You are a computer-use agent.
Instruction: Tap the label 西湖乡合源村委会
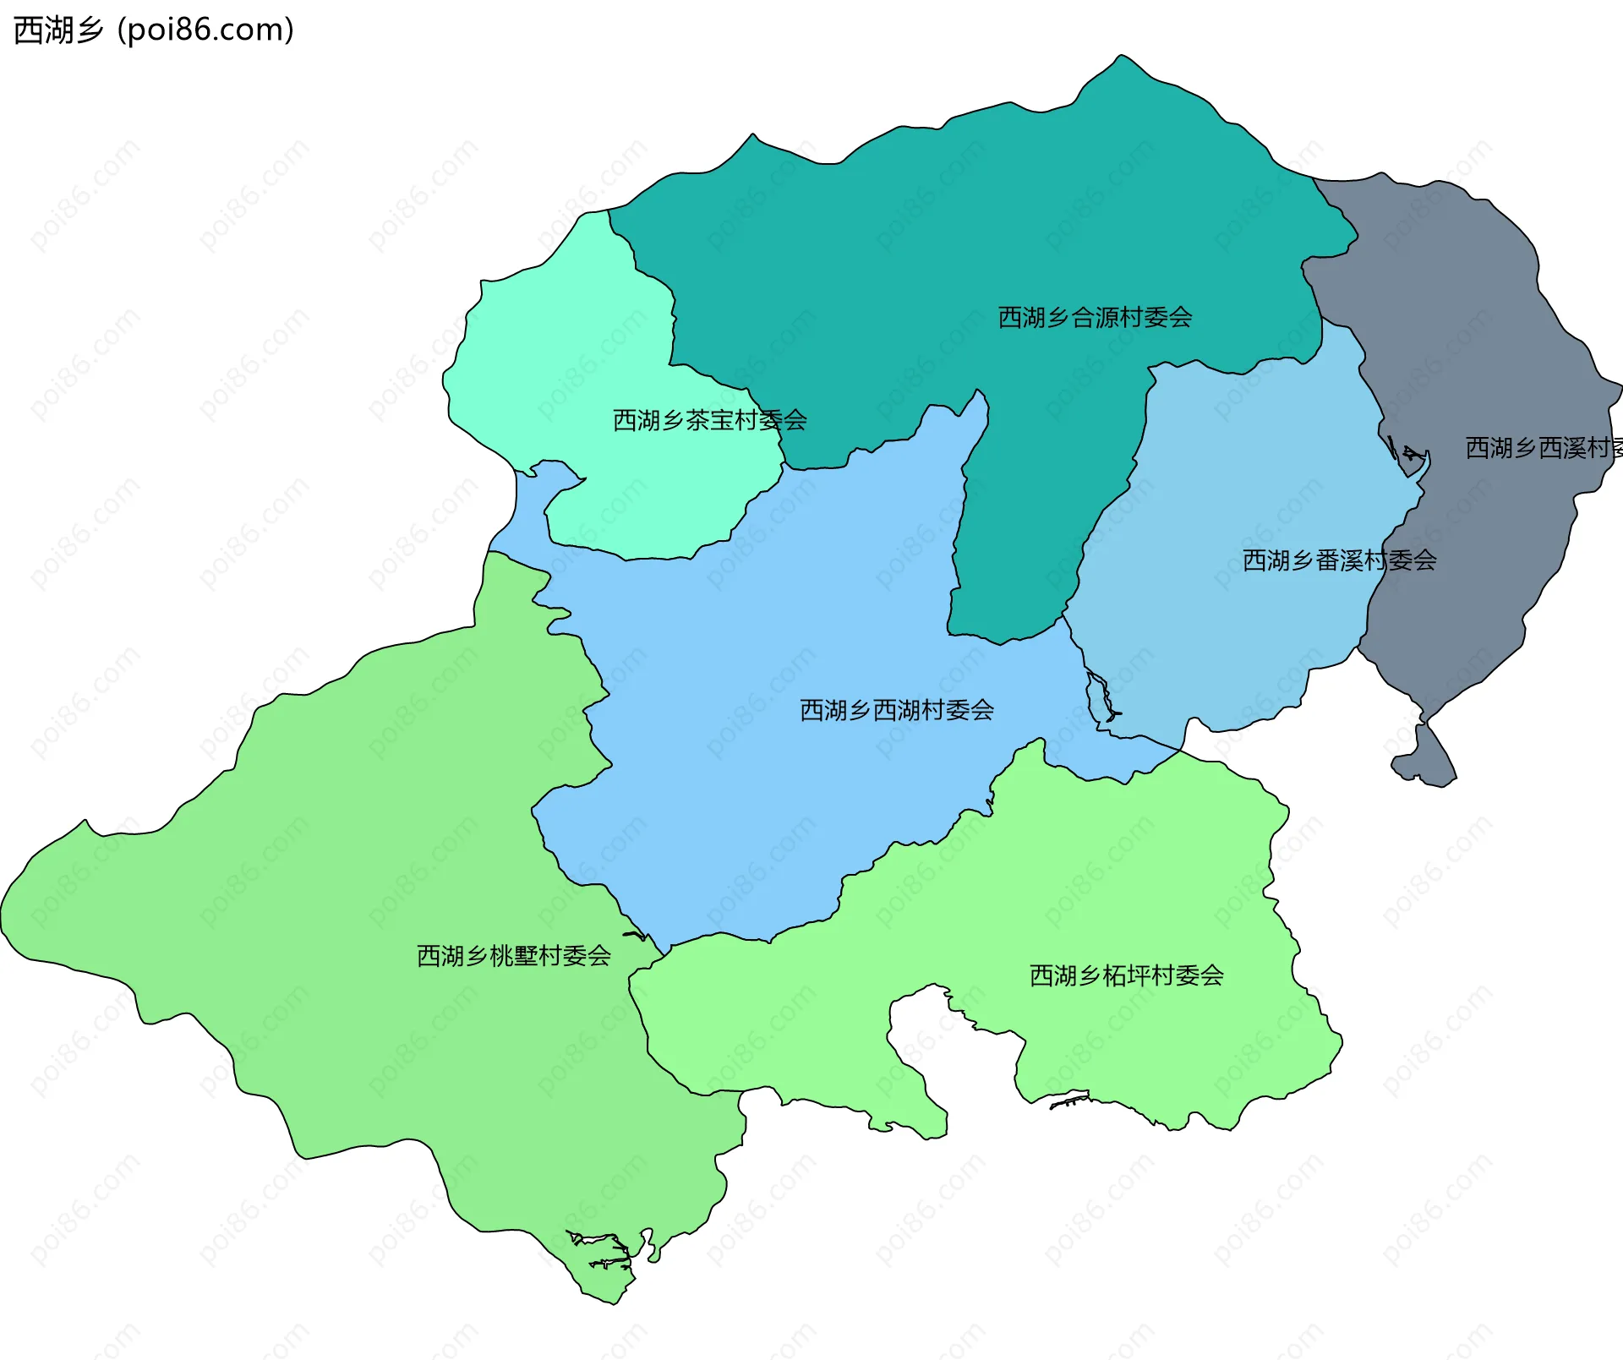point(1095,318)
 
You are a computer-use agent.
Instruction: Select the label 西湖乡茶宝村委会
point(709,420)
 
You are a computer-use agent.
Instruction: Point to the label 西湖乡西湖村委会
point(896,710)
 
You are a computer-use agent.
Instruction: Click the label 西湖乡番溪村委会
point(1339,560)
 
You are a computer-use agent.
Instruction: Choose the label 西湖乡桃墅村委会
point(513,956)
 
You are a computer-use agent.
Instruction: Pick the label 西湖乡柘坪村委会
point(1126,975)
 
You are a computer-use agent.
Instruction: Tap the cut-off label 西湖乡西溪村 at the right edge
point(1543,448)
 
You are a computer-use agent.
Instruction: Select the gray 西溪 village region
point(1471,338)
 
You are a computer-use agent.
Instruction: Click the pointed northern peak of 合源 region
point(1121,61)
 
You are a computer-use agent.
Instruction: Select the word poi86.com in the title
point(205,30)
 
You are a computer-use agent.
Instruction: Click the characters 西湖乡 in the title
point(57,30)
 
